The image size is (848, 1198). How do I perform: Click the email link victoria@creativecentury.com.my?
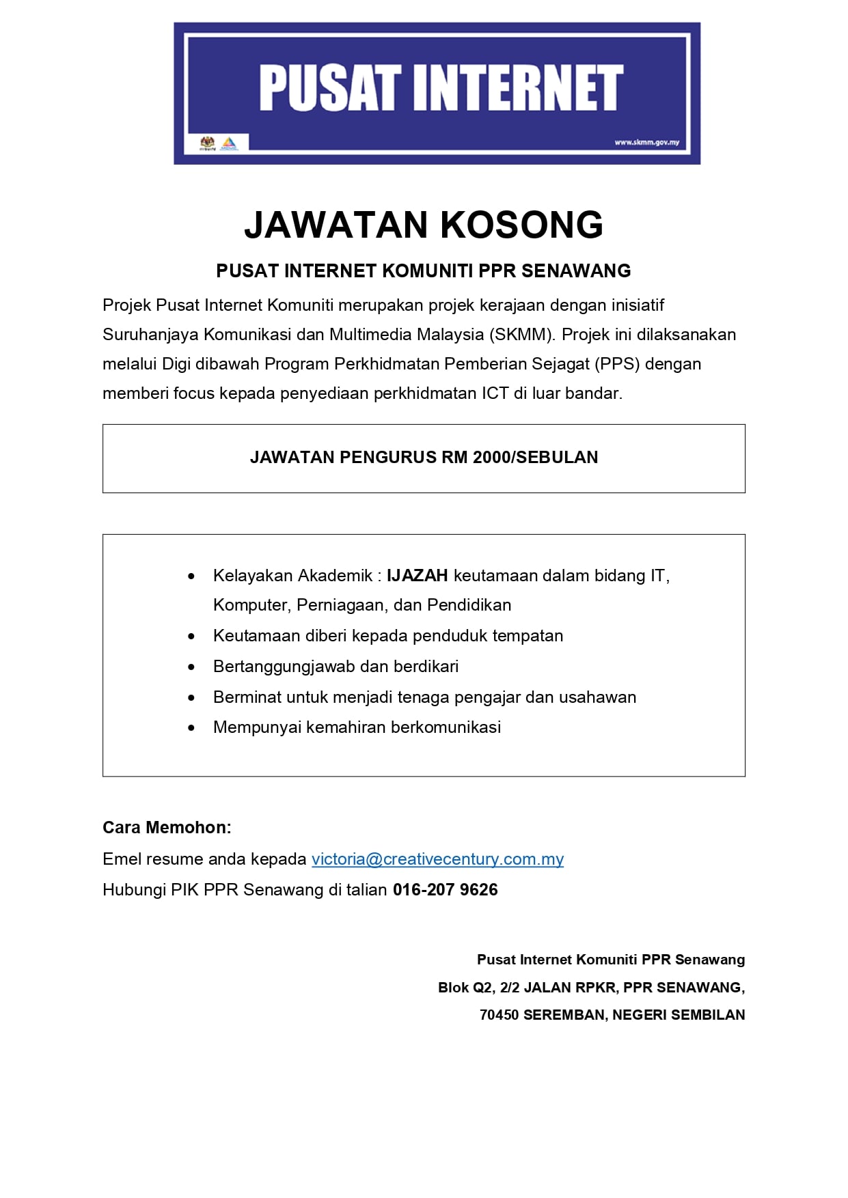437,859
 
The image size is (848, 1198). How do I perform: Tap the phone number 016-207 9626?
445,890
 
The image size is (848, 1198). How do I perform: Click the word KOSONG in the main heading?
521,225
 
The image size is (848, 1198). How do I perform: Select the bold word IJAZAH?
417,576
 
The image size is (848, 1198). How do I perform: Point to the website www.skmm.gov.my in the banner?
646,143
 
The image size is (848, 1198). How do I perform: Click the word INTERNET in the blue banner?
517,88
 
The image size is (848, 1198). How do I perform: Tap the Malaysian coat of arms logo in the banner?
207,143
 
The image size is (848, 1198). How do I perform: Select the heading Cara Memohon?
167,828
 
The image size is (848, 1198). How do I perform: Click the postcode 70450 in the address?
499,1015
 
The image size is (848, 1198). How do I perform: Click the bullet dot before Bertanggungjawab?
191,667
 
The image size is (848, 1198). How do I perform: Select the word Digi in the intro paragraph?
176,364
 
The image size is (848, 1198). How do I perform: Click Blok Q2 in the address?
465,988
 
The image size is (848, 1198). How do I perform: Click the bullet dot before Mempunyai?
191,728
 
